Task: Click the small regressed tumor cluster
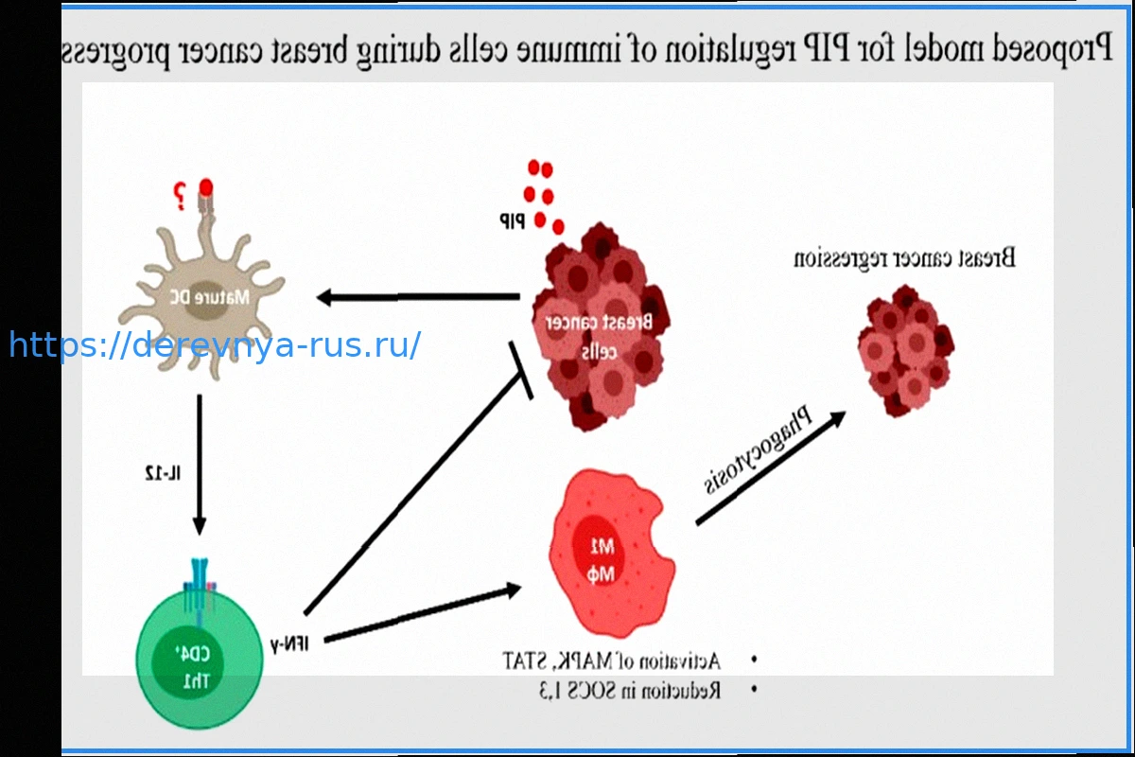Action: (904, 350)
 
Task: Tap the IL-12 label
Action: (157, 471)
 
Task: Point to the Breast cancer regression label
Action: (903, 257)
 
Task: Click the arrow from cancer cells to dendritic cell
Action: (417, 298)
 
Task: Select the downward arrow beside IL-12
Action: (199, 464)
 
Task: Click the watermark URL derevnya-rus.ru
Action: (215, 345)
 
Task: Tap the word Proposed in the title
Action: (1050, 48)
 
